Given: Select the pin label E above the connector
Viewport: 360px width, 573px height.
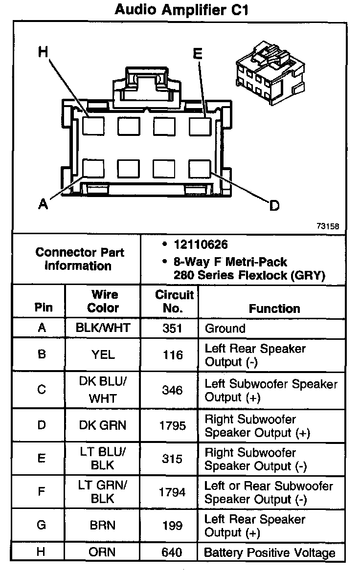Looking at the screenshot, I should pos(198,53).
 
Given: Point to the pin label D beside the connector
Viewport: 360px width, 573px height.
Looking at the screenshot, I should pos(274,206).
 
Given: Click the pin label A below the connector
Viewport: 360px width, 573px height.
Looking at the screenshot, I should pos(44,204).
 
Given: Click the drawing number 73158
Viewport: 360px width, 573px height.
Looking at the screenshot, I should pos(328,226).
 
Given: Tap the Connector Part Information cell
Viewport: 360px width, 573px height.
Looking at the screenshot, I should pos(80,259).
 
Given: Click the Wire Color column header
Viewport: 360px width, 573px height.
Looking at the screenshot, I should pos(103,301).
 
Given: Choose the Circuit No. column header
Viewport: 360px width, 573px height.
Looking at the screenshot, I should pos(174,302).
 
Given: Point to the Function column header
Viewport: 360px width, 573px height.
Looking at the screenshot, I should pos(274,309).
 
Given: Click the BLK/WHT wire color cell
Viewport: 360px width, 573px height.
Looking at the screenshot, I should pos(103,328).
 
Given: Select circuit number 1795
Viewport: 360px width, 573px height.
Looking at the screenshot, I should pos(173,426).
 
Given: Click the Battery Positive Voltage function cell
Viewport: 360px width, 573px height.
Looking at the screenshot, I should pos(270,553).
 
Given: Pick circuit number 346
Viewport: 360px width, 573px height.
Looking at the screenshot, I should pos(173,391).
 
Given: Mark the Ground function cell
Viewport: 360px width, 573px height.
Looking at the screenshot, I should pos(225,329).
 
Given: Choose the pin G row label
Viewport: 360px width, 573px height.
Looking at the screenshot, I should pos(42,526).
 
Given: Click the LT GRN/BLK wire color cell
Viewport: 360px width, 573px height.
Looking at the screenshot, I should pos(103,492).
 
